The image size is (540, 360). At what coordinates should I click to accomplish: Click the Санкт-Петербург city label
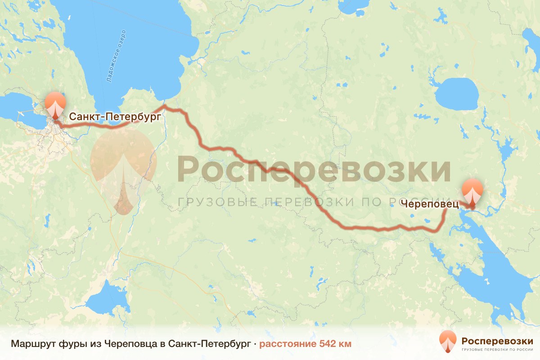point(115,117)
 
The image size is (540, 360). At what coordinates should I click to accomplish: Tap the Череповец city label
point(429,204)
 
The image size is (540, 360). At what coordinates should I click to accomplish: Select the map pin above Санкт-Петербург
point(55,104)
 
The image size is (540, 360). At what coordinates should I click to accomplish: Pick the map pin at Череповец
point(472,191)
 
